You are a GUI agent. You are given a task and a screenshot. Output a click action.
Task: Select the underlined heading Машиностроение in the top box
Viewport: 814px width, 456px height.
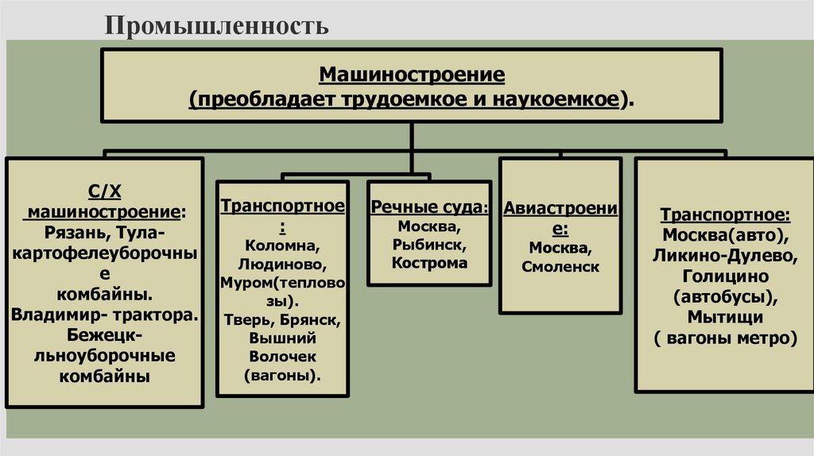[x=412, y=75]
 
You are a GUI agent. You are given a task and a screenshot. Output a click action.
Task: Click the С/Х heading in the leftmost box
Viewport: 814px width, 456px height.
[x=103, y=192]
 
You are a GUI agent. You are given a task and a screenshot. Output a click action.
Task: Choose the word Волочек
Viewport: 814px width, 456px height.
[x=282, y=357]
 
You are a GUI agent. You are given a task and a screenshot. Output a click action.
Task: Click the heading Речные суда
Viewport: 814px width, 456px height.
[x=429, y=207]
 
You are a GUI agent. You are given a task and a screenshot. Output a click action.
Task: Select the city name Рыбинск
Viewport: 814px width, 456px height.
[x=428, y=244]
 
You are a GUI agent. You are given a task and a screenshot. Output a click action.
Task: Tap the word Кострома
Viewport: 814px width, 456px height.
[x=429, y=262]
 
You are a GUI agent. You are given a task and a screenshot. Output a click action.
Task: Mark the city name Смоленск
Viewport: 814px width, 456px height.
[x=560, y=267]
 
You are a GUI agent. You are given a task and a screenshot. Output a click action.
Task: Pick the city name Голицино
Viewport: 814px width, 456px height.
[x=724, y=276]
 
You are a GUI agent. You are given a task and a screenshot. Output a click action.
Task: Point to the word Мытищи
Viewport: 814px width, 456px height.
[x=723, y=317]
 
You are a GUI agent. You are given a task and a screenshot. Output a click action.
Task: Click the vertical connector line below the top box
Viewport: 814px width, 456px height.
[x=412, y=147]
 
